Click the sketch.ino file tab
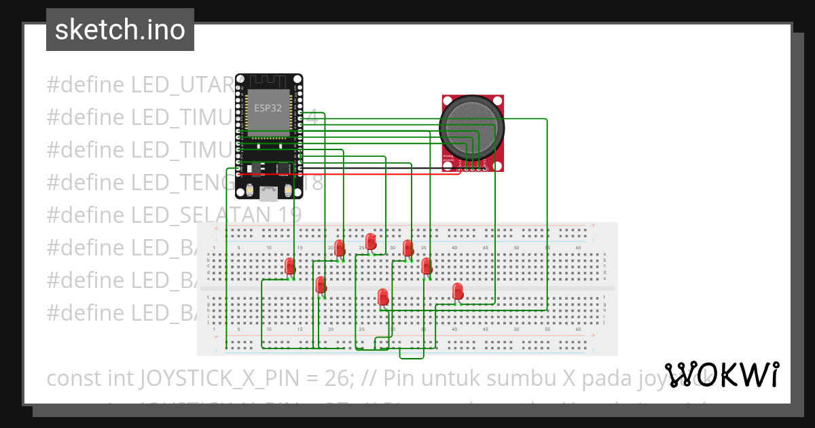[120, 30]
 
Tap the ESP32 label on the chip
[268, 107]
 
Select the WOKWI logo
[721, 374]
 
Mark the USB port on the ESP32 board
[270, 194]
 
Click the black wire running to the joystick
[380, 168]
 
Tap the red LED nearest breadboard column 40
[458, 291]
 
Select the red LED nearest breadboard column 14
[290, 266]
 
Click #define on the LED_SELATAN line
[86, 214]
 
